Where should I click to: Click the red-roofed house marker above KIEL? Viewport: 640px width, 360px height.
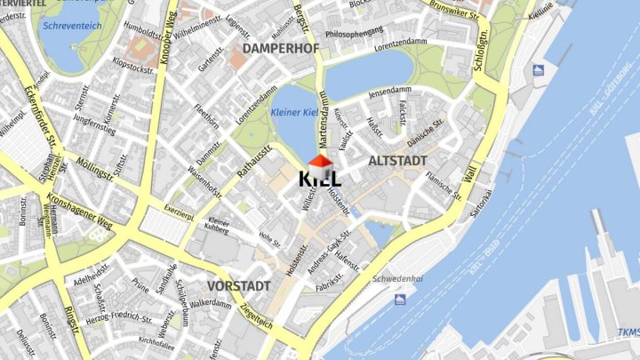[320, 162]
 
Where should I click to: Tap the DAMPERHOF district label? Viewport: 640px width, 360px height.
[280, 47]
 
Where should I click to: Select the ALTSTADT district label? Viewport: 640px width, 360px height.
[397, 161]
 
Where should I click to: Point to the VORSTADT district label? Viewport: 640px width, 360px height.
[238, 286]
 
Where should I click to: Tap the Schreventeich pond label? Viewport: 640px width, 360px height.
[71, 27]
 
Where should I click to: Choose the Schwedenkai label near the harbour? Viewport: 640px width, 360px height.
[396, 277]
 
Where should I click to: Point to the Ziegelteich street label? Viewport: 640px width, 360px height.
[256, 314]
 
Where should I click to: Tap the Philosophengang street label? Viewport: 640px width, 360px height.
[355, 33]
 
